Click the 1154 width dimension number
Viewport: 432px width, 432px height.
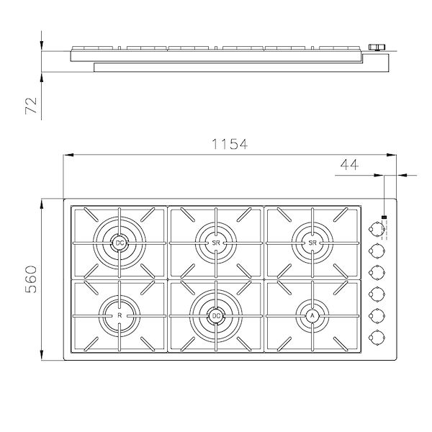click(x=228, y=144)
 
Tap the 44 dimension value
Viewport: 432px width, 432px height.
click(x=349, y=166)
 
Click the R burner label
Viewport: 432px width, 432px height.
click(x=120, y=315)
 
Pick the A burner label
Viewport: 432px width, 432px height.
click(x=312, y=315)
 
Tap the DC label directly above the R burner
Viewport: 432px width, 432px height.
click(x=120, y=244)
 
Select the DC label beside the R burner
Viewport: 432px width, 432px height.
click(x=216, y=315)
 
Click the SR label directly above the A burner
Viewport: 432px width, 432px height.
click(x=312, y=244)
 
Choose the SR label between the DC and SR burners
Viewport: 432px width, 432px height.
click(x=216, y=244)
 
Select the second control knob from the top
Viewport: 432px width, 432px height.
click(x=375, y=251)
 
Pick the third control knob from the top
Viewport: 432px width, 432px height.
click(x=375, y=272)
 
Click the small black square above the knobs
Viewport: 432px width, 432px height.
click(x=384, y=216)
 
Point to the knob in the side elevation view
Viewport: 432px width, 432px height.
click(x=374, y=48)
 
